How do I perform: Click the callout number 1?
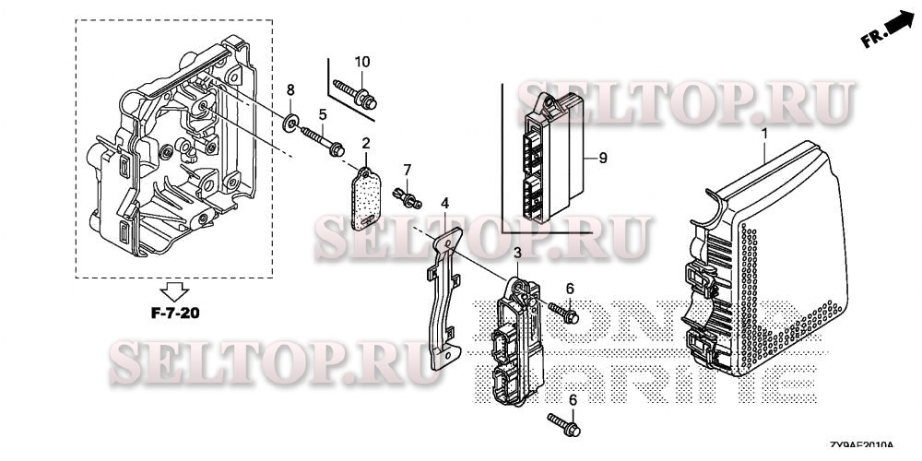tap(764, 135)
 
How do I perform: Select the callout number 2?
tap(366, 144)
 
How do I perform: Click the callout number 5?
tap(324, 114)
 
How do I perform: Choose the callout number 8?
tap(290, 90)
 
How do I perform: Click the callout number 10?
tap(362, 62)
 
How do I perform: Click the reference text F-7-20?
tap(175, 313)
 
